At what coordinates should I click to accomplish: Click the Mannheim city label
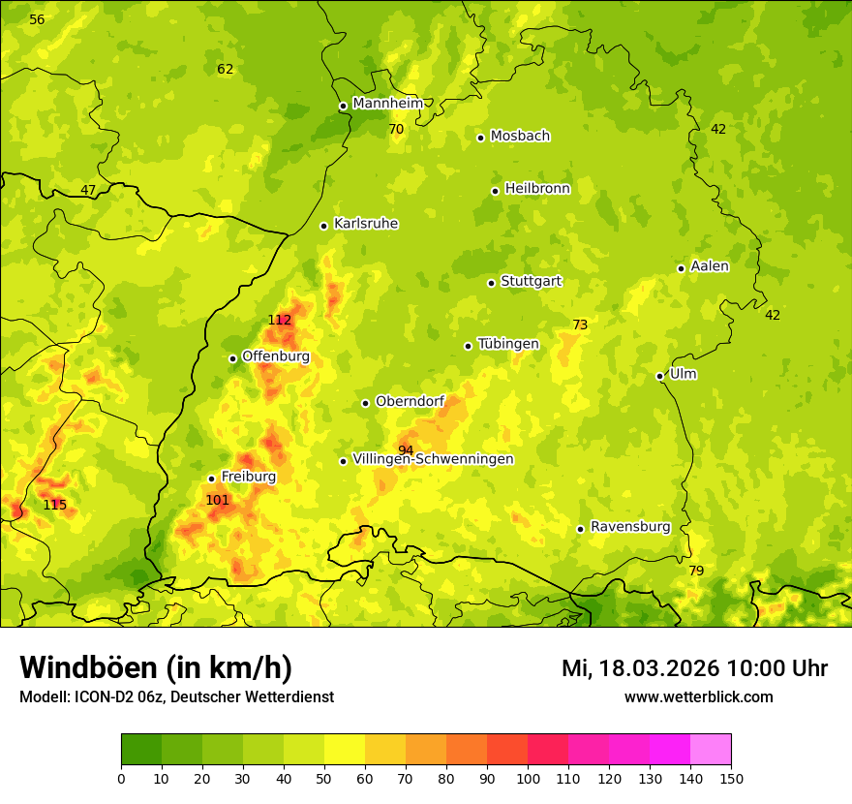coord(387,103)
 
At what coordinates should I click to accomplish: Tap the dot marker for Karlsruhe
coord(323,226)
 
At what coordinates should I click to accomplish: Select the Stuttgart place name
coord(531,281)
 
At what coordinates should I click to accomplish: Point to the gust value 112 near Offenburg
coord(279,320)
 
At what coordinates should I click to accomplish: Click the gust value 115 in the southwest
coord(54,505)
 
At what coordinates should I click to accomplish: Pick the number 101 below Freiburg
coord(217,500)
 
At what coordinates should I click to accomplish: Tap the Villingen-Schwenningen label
coord(433,458)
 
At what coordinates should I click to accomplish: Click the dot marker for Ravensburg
coord(580,529)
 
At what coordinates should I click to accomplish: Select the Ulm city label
coord(683,373)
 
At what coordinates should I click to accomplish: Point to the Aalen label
coord(710,265)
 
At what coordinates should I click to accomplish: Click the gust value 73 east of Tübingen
coord(580,325)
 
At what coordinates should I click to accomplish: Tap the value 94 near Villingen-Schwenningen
coord(406,450)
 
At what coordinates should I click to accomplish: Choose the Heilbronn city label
coord(537,188)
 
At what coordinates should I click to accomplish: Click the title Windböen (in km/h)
coord(155,667)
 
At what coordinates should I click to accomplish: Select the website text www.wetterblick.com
coord(698,696)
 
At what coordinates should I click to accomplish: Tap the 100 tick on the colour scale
coord(528,777)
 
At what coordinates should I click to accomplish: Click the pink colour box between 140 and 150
coord(711,750)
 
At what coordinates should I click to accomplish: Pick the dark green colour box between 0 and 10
coord(141,750)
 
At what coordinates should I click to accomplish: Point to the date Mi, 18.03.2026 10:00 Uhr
coord(694,668)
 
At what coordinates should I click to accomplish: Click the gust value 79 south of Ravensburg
coord(696,571)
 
